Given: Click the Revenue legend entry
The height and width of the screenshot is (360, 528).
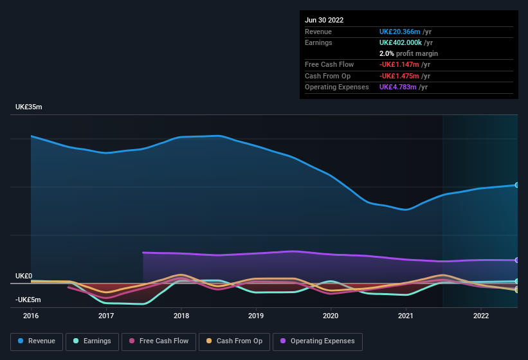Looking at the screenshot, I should [37, 341].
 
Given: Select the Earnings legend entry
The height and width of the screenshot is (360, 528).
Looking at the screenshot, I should [91, 341].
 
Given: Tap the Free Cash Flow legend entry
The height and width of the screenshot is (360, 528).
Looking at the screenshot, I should [159, 341].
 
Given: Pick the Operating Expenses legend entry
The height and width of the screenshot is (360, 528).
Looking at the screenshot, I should [318, 341].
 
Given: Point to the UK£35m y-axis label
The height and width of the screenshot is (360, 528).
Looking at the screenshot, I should [29, 107].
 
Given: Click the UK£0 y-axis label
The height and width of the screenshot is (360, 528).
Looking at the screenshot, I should [24, 276].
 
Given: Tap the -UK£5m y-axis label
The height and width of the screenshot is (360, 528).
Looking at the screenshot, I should [28, 300].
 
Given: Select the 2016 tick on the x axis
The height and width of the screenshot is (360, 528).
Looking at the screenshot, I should [31, 316].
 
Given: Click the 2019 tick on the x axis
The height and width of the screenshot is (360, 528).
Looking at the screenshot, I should [256, 316].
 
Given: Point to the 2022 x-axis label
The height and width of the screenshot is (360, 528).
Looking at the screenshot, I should [481, 316].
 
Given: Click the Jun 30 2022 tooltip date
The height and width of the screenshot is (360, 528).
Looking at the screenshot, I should [324, 20].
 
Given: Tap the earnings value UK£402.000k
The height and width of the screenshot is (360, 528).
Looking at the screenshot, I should [401, 42].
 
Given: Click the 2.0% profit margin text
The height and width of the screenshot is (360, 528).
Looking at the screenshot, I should [408, 53].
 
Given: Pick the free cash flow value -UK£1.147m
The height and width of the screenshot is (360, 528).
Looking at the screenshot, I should [398, 64].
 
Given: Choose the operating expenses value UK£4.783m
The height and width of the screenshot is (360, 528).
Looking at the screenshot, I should [398, 87].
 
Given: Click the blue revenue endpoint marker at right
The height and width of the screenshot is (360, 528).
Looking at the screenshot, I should [517, 185].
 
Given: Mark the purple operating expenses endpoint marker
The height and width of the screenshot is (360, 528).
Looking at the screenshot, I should [517, 260].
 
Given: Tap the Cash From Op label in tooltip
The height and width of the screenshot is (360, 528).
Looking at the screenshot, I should [327, 76].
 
